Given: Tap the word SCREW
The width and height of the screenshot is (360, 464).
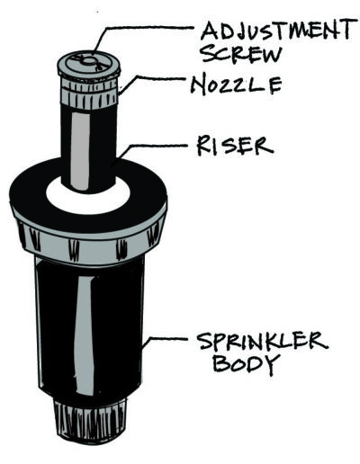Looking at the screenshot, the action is pyautogui.click(x=241, y=54).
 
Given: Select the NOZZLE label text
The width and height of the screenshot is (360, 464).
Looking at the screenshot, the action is pyautogui.click(x=237, y=85).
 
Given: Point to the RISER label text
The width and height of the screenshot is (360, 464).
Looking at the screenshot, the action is pyautogui.click(x=235, y=146).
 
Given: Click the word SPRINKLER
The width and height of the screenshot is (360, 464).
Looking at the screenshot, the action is pyautogui.click(x=262, y=342).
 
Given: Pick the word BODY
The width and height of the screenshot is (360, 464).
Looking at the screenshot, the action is pyautogui.click(x=244, y=364).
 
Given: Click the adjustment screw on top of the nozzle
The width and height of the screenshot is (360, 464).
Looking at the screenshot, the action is pyautogui.click(x=89, y=62).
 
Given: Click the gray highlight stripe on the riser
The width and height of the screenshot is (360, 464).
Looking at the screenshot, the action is pyautogui.click(x=80, y=151).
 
